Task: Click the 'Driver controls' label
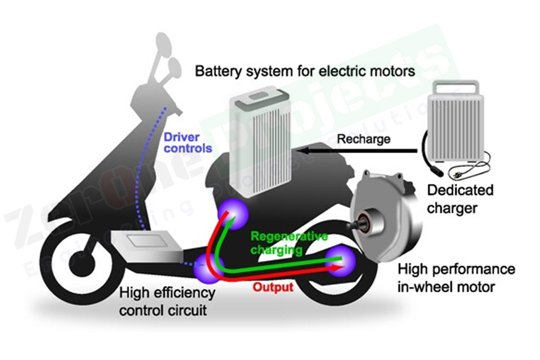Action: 188,142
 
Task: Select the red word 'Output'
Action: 273,287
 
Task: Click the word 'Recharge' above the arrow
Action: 364,139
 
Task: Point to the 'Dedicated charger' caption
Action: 460,199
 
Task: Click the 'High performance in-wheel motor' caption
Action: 456,277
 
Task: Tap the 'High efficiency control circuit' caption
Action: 167,302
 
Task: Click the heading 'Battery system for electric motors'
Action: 305,71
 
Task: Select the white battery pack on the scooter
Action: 260,140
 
